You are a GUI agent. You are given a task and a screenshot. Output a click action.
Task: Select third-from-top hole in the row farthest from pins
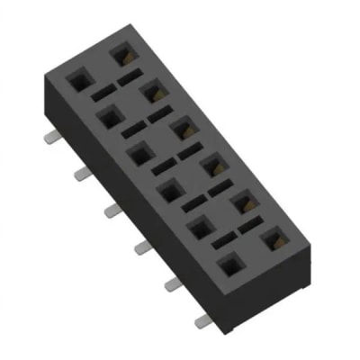184,128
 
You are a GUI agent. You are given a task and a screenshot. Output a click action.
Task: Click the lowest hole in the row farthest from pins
274,238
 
